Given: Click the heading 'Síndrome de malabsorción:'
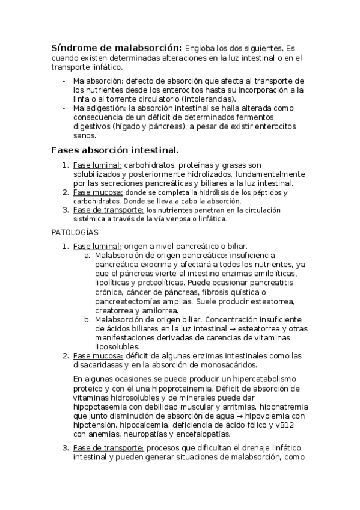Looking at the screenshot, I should (x=117, y=48).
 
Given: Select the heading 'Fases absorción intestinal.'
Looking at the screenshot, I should (x=115, y=150).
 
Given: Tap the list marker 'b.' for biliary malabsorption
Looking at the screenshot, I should (x=88, y=319).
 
